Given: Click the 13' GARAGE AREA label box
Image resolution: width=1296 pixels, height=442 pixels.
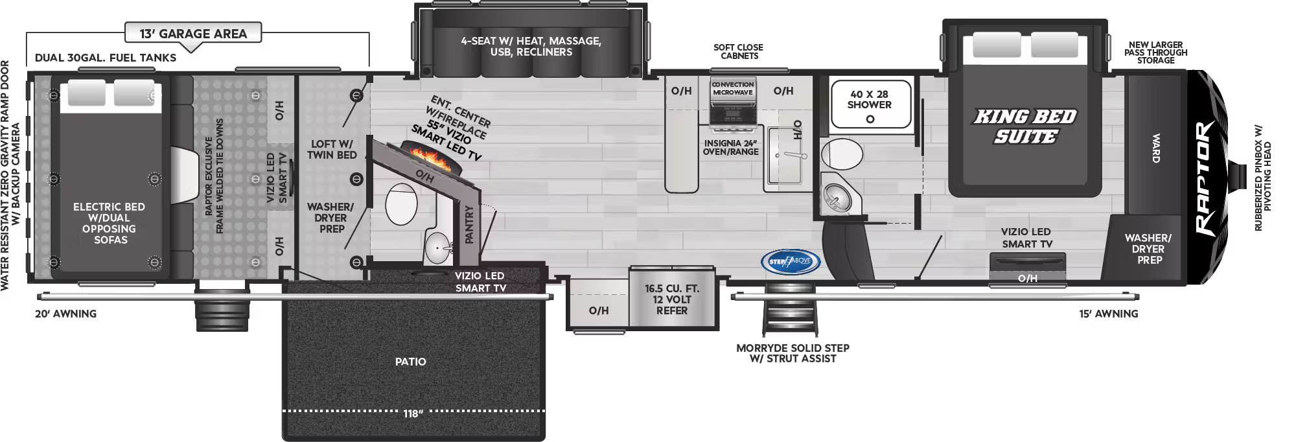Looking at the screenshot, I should pos(193,33).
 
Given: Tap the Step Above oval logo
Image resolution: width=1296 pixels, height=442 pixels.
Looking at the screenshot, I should pos(790,261).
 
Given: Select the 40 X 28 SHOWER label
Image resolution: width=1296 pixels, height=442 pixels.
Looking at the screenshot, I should pos(869,99).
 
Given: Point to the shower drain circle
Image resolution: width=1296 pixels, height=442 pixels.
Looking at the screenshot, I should pos(870,119).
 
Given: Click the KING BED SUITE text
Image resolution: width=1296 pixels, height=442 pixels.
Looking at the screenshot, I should pos(1024,126).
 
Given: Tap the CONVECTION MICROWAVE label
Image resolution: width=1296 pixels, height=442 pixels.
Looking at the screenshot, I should pos(733,88).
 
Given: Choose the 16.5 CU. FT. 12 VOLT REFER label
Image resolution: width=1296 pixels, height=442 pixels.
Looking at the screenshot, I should pos(672,299).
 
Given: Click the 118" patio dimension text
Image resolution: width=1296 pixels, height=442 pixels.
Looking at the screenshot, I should pos(412,413).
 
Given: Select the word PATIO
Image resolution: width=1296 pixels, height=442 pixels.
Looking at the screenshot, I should pos(411,362).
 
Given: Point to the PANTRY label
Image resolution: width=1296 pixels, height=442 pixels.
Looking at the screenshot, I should pos(470,224).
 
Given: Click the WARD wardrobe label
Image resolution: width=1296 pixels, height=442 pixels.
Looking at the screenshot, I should pos(1155,148).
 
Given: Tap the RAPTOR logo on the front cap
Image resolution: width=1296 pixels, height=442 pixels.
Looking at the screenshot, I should pos(1207,178).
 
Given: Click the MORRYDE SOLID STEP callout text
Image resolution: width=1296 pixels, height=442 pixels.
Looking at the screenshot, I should pos(793,353).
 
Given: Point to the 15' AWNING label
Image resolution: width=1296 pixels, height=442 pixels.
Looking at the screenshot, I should pos(1108,314).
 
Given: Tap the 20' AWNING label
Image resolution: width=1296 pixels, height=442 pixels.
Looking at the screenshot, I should pos(65,314).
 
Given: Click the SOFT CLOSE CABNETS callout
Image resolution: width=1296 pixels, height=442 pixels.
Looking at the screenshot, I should pos(738,51).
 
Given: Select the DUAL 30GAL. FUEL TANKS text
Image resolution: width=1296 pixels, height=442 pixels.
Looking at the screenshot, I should pos(106,58).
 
